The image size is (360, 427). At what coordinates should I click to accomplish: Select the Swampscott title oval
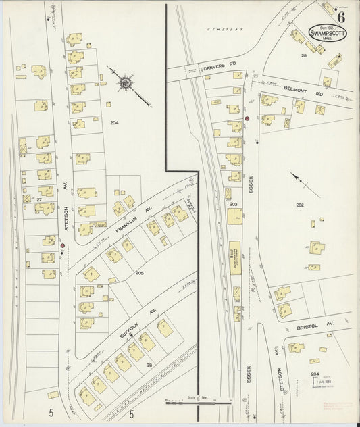pyautogui.click(x=329, y=34)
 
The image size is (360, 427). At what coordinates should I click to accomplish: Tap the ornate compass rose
pyautogui.click(x=126, y=84)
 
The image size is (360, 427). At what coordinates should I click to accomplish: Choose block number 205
pyautogui.click(x=139, y=272)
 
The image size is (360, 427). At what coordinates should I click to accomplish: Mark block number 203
pyautogui.click(x=234, y=203)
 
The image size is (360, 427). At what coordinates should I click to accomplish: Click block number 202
pyautogui.click(x=300, y=205)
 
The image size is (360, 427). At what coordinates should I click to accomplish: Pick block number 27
pyautogui.click(x=39, y=200)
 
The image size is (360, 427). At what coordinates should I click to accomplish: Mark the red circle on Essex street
pyautogui.click(x=247, y=119)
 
